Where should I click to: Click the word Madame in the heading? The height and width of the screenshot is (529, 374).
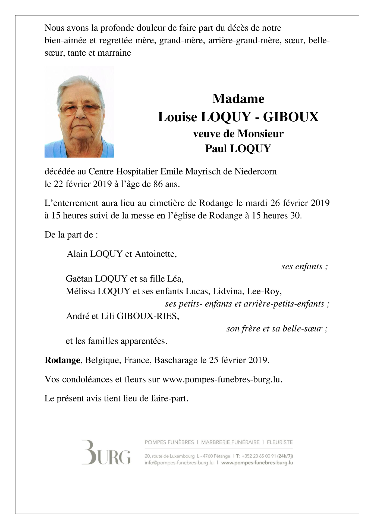[x=238, y=99]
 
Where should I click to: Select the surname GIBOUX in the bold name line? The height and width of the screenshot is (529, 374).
[x=291, y=117]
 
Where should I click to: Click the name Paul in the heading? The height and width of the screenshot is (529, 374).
[x=216, y=148]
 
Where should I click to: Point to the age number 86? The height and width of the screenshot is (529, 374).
[x=158, y=184]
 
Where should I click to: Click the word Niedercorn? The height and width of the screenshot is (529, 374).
[x=256, y=172]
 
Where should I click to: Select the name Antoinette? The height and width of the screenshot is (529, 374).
[x=156, y=254]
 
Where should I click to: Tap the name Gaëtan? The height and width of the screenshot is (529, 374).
[x=79, y=279]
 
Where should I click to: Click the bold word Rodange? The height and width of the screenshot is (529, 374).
[x=62, y=360]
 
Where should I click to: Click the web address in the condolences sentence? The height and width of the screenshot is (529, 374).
[x=222, y=379]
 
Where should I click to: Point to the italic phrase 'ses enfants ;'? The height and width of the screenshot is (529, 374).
[x=304, y=266]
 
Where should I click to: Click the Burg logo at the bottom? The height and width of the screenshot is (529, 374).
[x=106, y=452]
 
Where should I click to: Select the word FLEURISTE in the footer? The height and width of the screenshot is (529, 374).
[x=280, y=442]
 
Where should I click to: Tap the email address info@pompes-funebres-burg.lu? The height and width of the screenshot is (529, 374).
[x=179, y=463]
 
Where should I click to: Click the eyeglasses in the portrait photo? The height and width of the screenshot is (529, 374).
[x=80, y=109]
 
